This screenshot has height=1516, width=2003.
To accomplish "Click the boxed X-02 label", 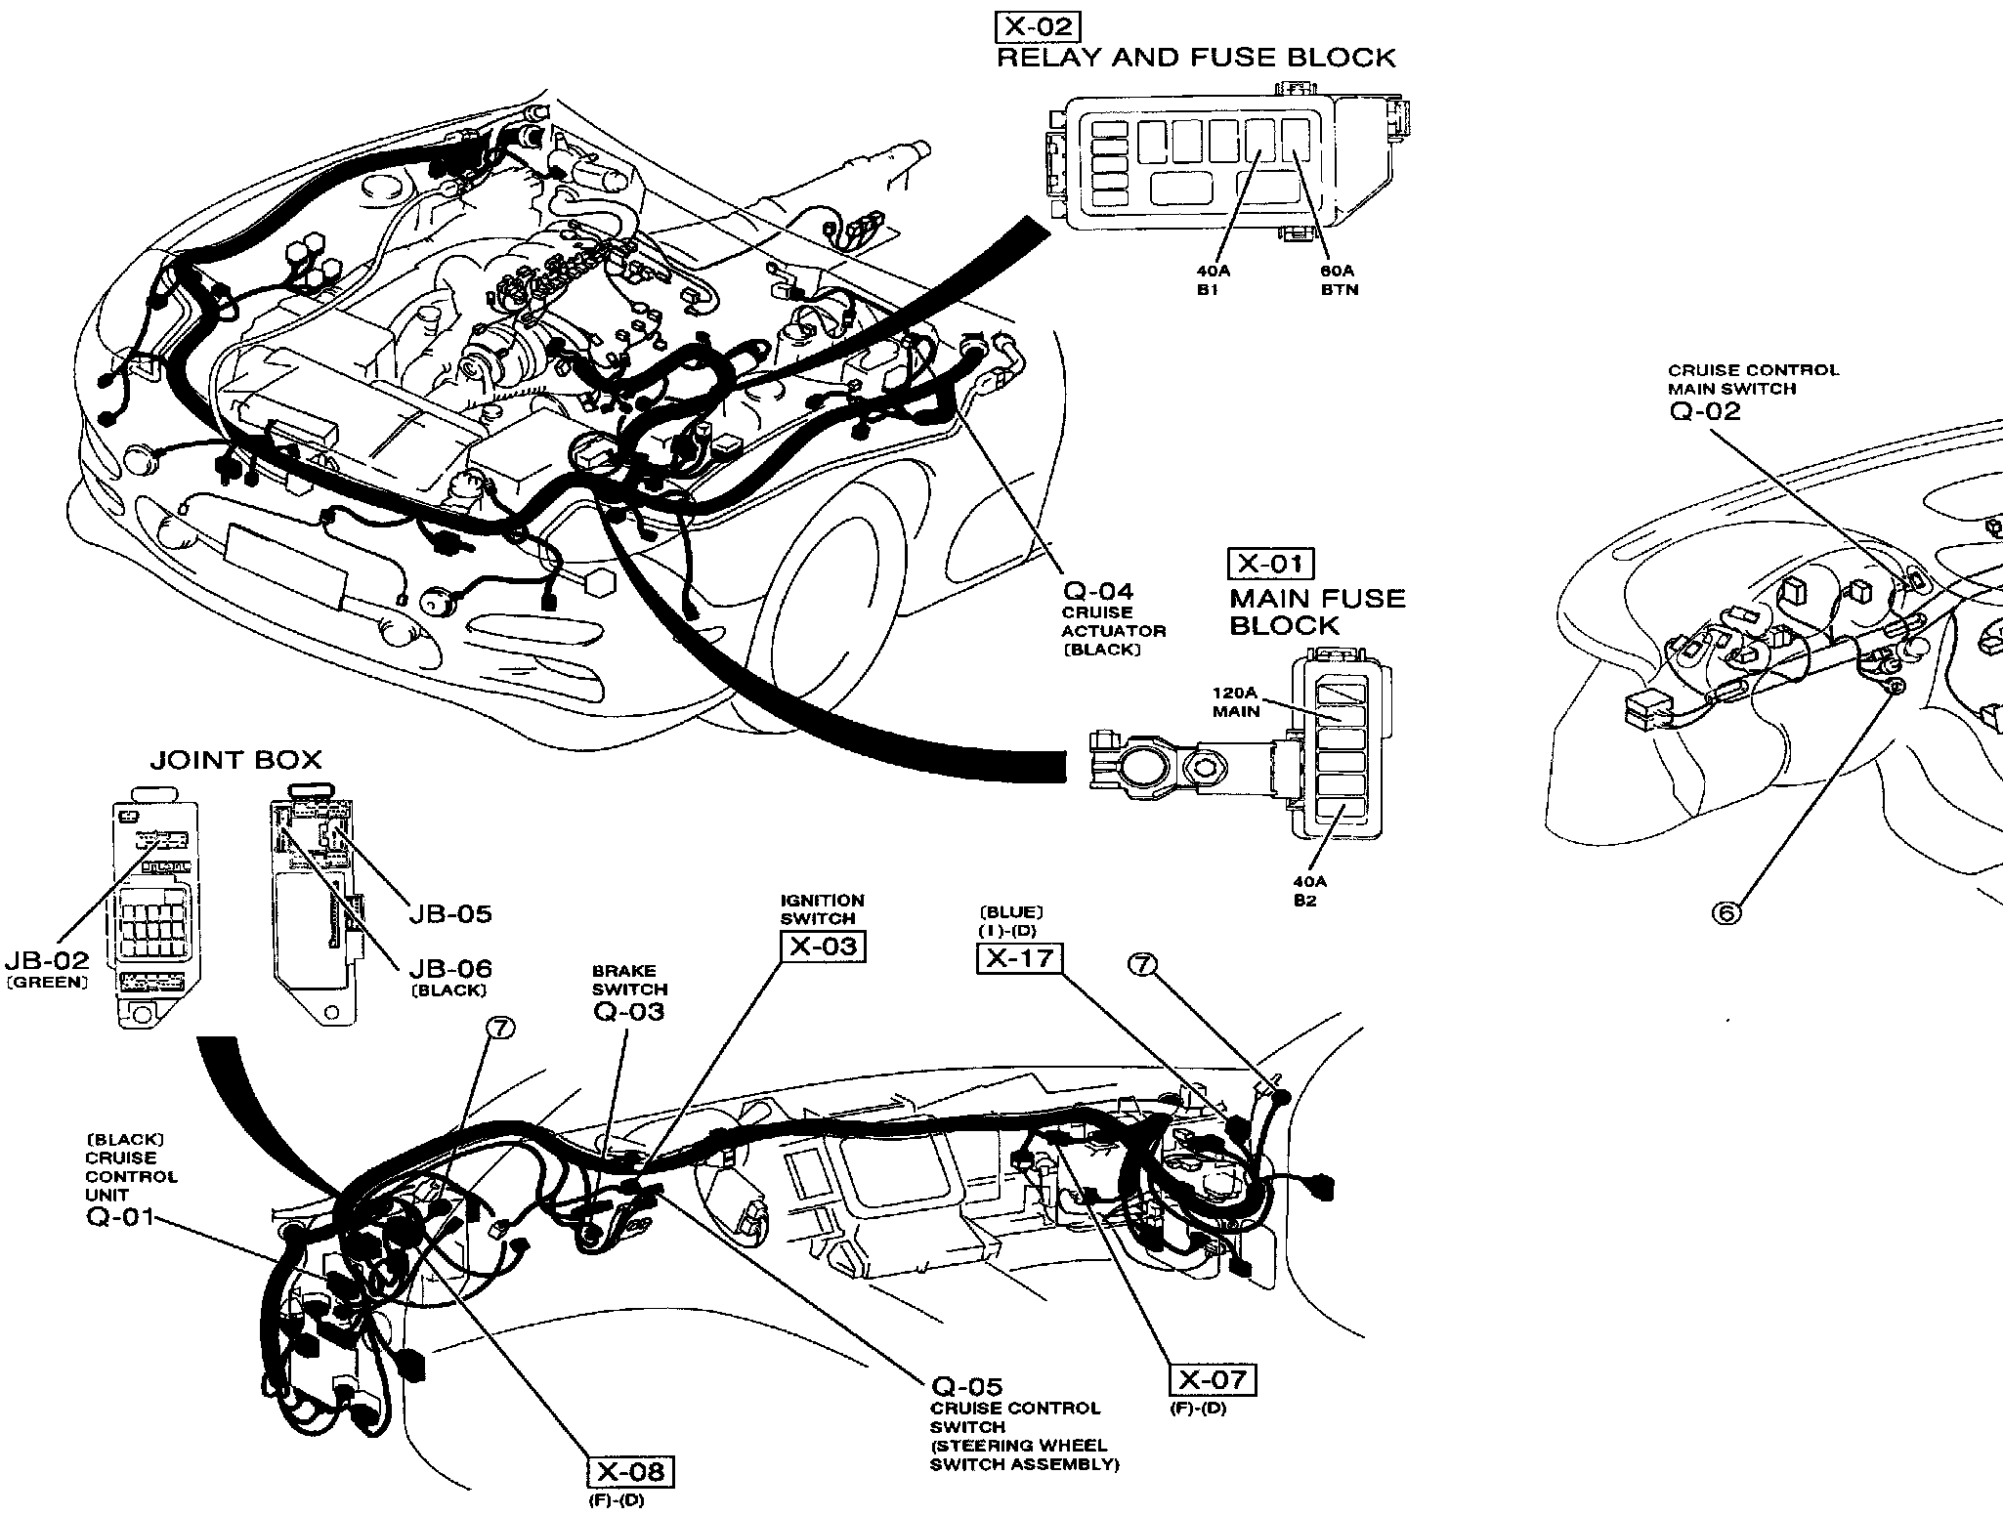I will tap(1038, 26).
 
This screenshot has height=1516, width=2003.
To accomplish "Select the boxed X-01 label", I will tap(1271, 564).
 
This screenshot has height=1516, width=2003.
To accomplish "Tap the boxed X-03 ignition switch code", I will tap(823, 947).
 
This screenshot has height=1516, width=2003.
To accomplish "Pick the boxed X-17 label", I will tap(1019, 958).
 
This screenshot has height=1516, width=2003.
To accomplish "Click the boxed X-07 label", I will tap(1213, 1379).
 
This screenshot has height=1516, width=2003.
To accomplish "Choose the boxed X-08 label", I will tap(631, 1471).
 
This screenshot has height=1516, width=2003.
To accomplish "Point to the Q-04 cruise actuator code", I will tap(1098, 591).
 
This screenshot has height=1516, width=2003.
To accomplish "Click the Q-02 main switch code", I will tap(1705, 411).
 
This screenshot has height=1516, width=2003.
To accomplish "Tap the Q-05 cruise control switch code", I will tap(966, 1386).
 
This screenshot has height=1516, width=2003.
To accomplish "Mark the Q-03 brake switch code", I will tap(628, 1012).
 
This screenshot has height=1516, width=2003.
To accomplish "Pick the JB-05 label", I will tap(449, 914).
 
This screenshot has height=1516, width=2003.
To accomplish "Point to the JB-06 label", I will tap(449, 969).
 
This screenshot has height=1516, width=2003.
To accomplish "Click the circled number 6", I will tap(1726, 912).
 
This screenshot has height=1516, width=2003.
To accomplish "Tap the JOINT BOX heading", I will tap(235, 760).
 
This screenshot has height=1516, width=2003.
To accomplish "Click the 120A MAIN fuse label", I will tap(1236, 702).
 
